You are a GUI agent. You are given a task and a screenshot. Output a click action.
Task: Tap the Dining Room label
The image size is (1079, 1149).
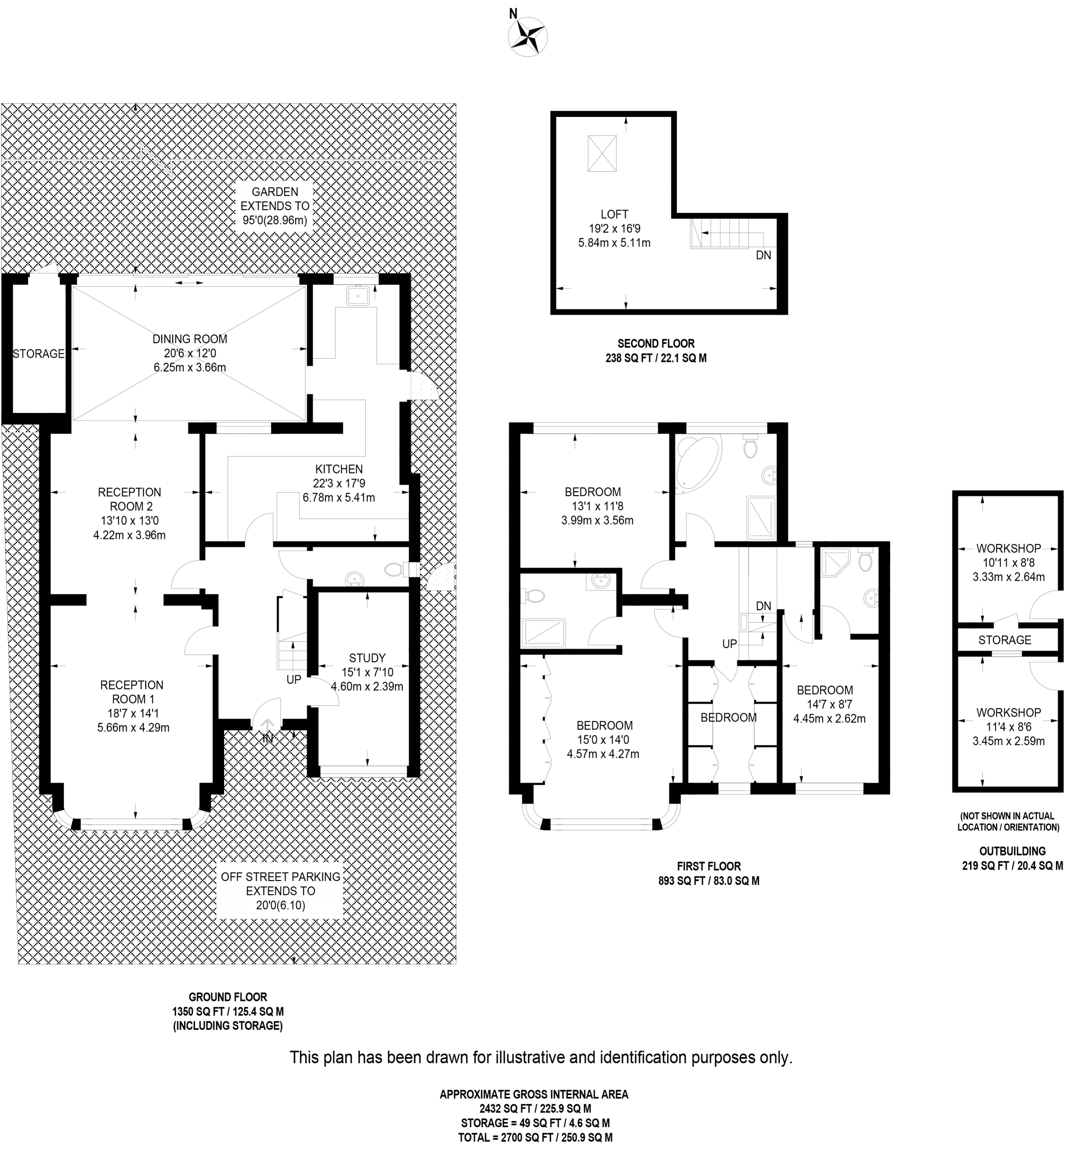190,339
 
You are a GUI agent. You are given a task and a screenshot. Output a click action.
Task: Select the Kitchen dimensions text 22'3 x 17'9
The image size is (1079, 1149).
339,483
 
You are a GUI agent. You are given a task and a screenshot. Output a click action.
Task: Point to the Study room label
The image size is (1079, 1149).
367,658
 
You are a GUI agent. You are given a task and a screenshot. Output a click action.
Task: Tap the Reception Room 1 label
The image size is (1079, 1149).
132,692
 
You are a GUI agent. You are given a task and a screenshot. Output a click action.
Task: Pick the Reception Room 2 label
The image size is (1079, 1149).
130,499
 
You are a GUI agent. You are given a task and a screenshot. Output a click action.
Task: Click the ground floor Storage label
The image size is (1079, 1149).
39,354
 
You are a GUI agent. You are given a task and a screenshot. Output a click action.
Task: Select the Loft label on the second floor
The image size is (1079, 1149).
615,214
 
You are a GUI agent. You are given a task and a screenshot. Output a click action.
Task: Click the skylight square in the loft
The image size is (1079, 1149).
602,153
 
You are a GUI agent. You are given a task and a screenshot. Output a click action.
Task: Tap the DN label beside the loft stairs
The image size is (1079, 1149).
764,255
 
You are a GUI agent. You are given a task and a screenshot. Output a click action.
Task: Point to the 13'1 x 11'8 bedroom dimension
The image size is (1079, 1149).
594,507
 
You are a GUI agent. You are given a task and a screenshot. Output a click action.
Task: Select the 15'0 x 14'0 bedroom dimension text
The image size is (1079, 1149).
604,740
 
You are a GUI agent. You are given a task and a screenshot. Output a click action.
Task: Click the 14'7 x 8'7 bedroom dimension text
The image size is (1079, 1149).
829,704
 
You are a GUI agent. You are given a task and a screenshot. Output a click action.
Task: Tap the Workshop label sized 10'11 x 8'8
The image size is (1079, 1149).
1008,548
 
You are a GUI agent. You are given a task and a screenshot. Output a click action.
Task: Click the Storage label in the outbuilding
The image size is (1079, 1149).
1005,640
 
